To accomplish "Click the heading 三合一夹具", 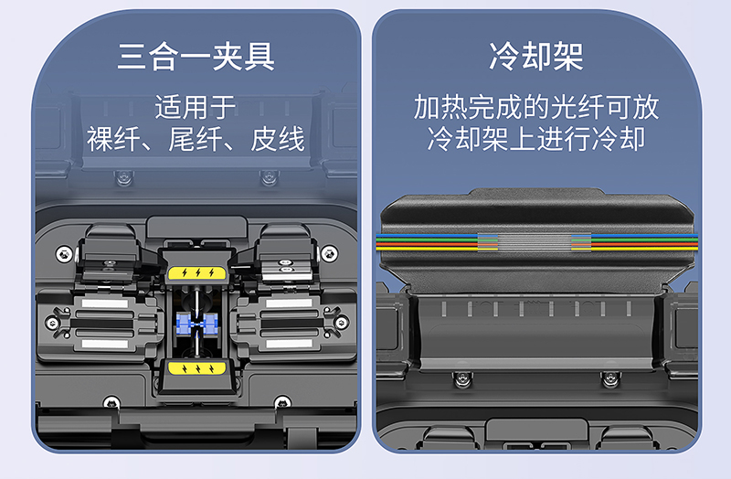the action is pos(196,57).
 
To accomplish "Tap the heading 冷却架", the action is pos(536,57).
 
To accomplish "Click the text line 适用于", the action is pos(196,107).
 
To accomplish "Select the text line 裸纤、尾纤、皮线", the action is pos(196,139).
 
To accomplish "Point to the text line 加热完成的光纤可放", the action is pos(536,107).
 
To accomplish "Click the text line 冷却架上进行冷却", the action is pos(536,139).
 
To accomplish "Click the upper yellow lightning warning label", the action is pos(197,272).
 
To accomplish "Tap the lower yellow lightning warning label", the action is pos(197,368).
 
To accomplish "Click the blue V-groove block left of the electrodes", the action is pos(184,324).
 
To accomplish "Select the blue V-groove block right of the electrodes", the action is pos(210,324).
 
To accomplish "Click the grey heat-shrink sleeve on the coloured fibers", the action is pos(535,241).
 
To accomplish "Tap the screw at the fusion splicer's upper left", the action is pos(64,254).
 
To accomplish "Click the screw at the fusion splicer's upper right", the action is pos(329,253).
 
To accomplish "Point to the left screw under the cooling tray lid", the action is pos(461,378).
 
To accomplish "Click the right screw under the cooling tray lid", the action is pos(609,378).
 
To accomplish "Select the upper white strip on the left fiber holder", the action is pos(105,303).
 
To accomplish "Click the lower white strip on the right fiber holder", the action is pos(289,344).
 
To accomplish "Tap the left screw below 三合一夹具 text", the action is pos(124,177).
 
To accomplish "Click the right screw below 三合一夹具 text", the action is pos(269,177).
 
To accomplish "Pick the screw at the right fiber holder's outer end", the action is pos(342,323).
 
